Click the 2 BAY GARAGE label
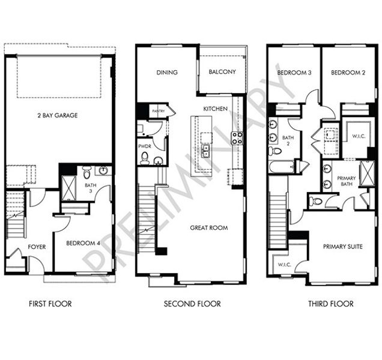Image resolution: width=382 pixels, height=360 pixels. (59, 115)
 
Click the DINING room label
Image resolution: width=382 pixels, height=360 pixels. (167, 72)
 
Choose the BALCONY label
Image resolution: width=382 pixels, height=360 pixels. (222, 72)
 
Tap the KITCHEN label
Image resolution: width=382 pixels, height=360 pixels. (215, 109)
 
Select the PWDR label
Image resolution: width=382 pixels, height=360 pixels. (144, 146)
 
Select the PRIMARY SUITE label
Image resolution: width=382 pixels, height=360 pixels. (342, 247)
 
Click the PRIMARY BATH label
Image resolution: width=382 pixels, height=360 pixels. (346, 182)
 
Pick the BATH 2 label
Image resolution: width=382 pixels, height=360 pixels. (287, 140)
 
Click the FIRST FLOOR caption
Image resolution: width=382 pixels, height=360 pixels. (50, 304)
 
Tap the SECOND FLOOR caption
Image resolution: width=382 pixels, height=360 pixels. (192, 304)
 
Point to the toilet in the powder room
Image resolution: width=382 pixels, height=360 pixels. (144, 158)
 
